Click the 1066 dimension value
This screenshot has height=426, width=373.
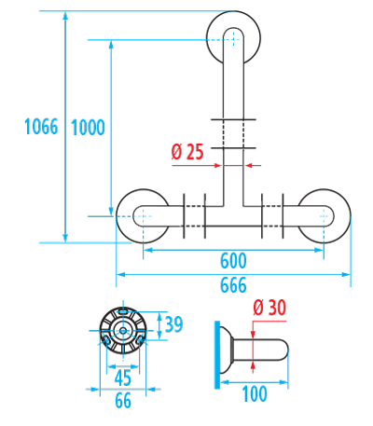pyautogui.click(x=41, y=127)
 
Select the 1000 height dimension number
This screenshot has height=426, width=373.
pyautogui.click(x=88, y=128)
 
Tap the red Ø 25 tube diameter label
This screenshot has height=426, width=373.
pyautogui.click(x=187, y=152)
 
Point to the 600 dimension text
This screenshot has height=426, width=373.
pyautogui.click(x=233, y=261)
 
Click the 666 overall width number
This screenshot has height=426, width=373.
pyautogui.click(x=233, y=285)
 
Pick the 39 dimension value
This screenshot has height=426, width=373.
pyautogui.click(x=174, y=323)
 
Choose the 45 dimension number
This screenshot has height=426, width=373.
pyautogui.click(x=123, y=378)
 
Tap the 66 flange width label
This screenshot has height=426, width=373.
pyautogui.click(x=123, y=401)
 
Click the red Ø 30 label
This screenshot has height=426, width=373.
pyautogui.click(x=269, y=308)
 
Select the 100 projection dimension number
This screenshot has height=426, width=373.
pyautogui.click(x=255, y=393)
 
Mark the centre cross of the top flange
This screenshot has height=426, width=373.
pyautogui.click(x=233, y=39)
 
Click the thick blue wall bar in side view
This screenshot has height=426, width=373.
pyautogui.click(x=217, y=355)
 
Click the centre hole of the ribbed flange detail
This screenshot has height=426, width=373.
pyautogui.click(x=123, y=330)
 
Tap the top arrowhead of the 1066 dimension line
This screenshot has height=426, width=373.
pyautogui.click(x=65, y=15)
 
